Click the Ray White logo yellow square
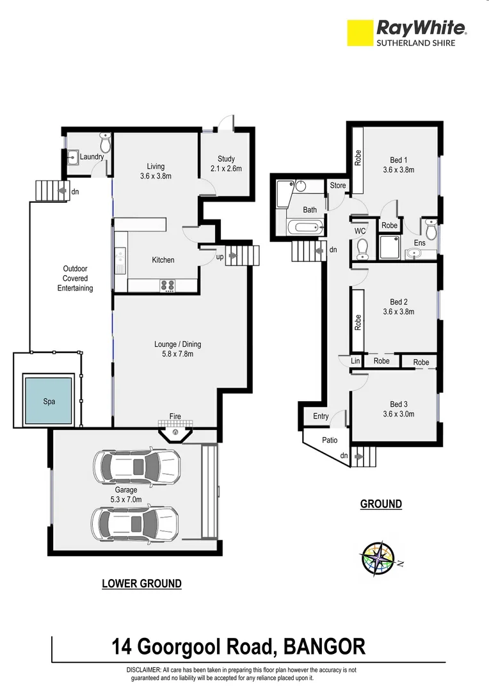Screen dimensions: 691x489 point(360,33)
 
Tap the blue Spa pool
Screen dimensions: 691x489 point(49,401)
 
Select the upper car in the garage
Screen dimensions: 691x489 point(136,466)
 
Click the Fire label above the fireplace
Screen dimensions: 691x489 point(175,417)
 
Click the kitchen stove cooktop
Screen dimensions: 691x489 point(167,285)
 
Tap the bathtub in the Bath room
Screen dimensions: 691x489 point(302,227)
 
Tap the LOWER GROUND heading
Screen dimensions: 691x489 point(142,584)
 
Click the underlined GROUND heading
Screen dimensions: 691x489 point(381,504)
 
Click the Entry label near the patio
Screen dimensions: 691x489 point(321,417)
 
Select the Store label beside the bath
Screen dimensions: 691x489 point(337,186)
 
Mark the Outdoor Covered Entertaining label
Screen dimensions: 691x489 point(75,278)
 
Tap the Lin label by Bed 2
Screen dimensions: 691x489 point(355,361)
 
